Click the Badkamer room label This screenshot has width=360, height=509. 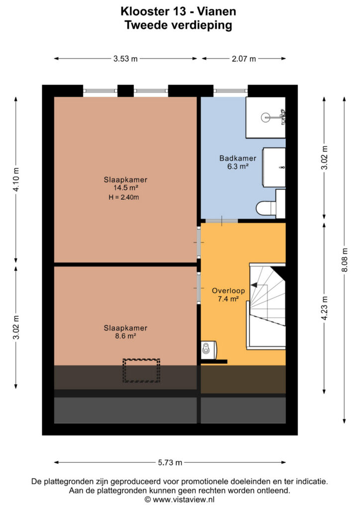(x=238, y=159)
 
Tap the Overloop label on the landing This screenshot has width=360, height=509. (x=228, y=291)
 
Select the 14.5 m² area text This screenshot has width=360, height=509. (x=126, y=187)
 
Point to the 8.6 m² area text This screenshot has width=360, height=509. (x=126, y=336)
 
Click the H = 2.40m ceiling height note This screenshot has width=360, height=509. (x=124, y=197)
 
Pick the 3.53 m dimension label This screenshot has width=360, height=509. (x=125, y=59)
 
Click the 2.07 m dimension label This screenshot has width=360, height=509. (x=244, y=59)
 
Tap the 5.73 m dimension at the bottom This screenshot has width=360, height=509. (x=170, y=463)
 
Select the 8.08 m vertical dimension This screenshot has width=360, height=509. (x=345, y=260)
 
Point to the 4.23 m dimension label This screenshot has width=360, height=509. (x=324, y=308)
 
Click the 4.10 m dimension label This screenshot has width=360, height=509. (x=16, y=179)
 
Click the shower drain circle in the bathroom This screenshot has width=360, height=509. (x=266, y=117)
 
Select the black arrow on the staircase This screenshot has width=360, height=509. (x=254, y=285)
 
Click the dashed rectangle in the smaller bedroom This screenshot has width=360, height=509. (x=141, y=370)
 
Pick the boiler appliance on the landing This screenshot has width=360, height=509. (x=208, y=349)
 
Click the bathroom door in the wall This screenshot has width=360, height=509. (x=222, y=221)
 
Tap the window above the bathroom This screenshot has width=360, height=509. (x=231, y=91)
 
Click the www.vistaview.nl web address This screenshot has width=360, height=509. (x=183, y=499)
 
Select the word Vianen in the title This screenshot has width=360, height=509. (x=216, y=11)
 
